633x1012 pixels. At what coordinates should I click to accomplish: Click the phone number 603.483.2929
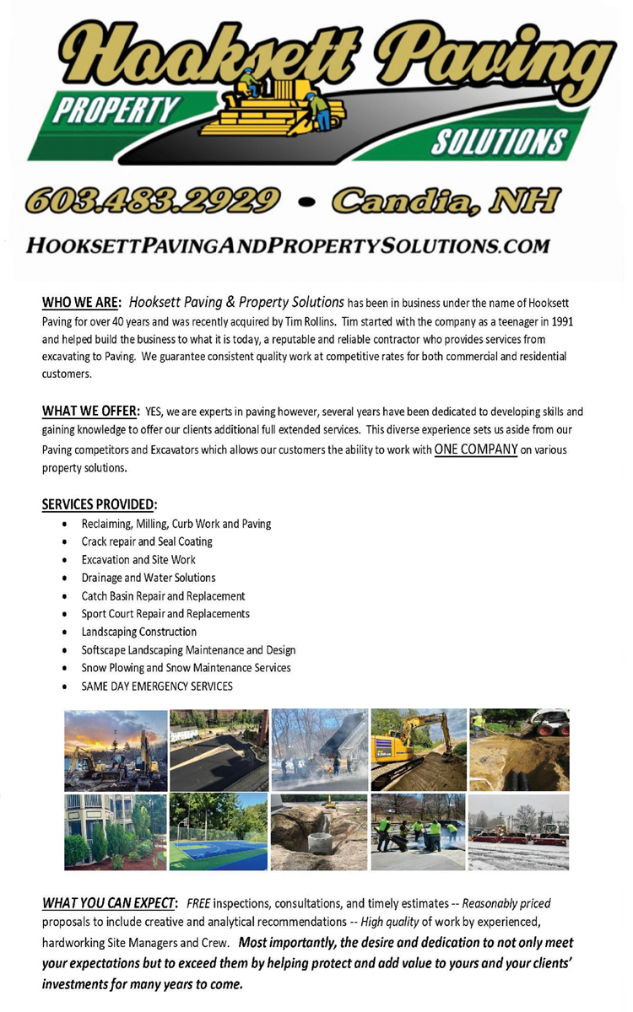coord(153,200)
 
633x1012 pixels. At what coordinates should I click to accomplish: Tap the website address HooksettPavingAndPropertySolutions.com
coord(288,245)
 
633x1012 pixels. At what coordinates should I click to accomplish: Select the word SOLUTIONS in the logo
coord(498,141)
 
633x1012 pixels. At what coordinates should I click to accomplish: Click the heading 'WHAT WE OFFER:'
coord(90,412)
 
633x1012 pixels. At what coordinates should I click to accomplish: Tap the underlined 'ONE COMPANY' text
coord(475,449)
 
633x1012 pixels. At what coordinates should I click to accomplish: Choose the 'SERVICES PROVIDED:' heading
coord(99,504)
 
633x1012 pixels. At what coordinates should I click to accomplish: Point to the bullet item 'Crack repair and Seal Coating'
coord(147,541)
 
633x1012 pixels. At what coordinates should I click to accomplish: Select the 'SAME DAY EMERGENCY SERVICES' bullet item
coord(157,686)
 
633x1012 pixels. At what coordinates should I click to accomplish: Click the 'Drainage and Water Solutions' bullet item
coord(149,578)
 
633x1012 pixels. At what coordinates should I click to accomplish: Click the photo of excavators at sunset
coord(116,750)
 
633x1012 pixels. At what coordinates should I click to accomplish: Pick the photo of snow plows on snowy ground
coord(518,832)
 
